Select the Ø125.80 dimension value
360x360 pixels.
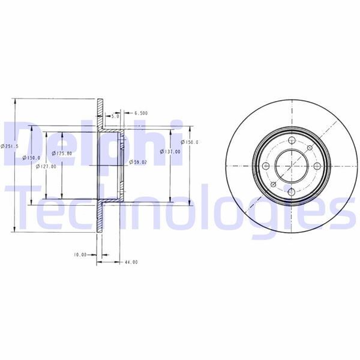(62, 154)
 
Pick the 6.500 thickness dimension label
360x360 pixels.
(142, 113)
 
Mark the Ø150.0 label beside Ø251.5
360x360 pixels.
(31, 157)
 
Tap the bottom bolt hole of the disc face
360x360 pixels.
(290, 192)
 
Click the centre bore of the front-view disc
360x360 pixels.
(290, 166)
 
